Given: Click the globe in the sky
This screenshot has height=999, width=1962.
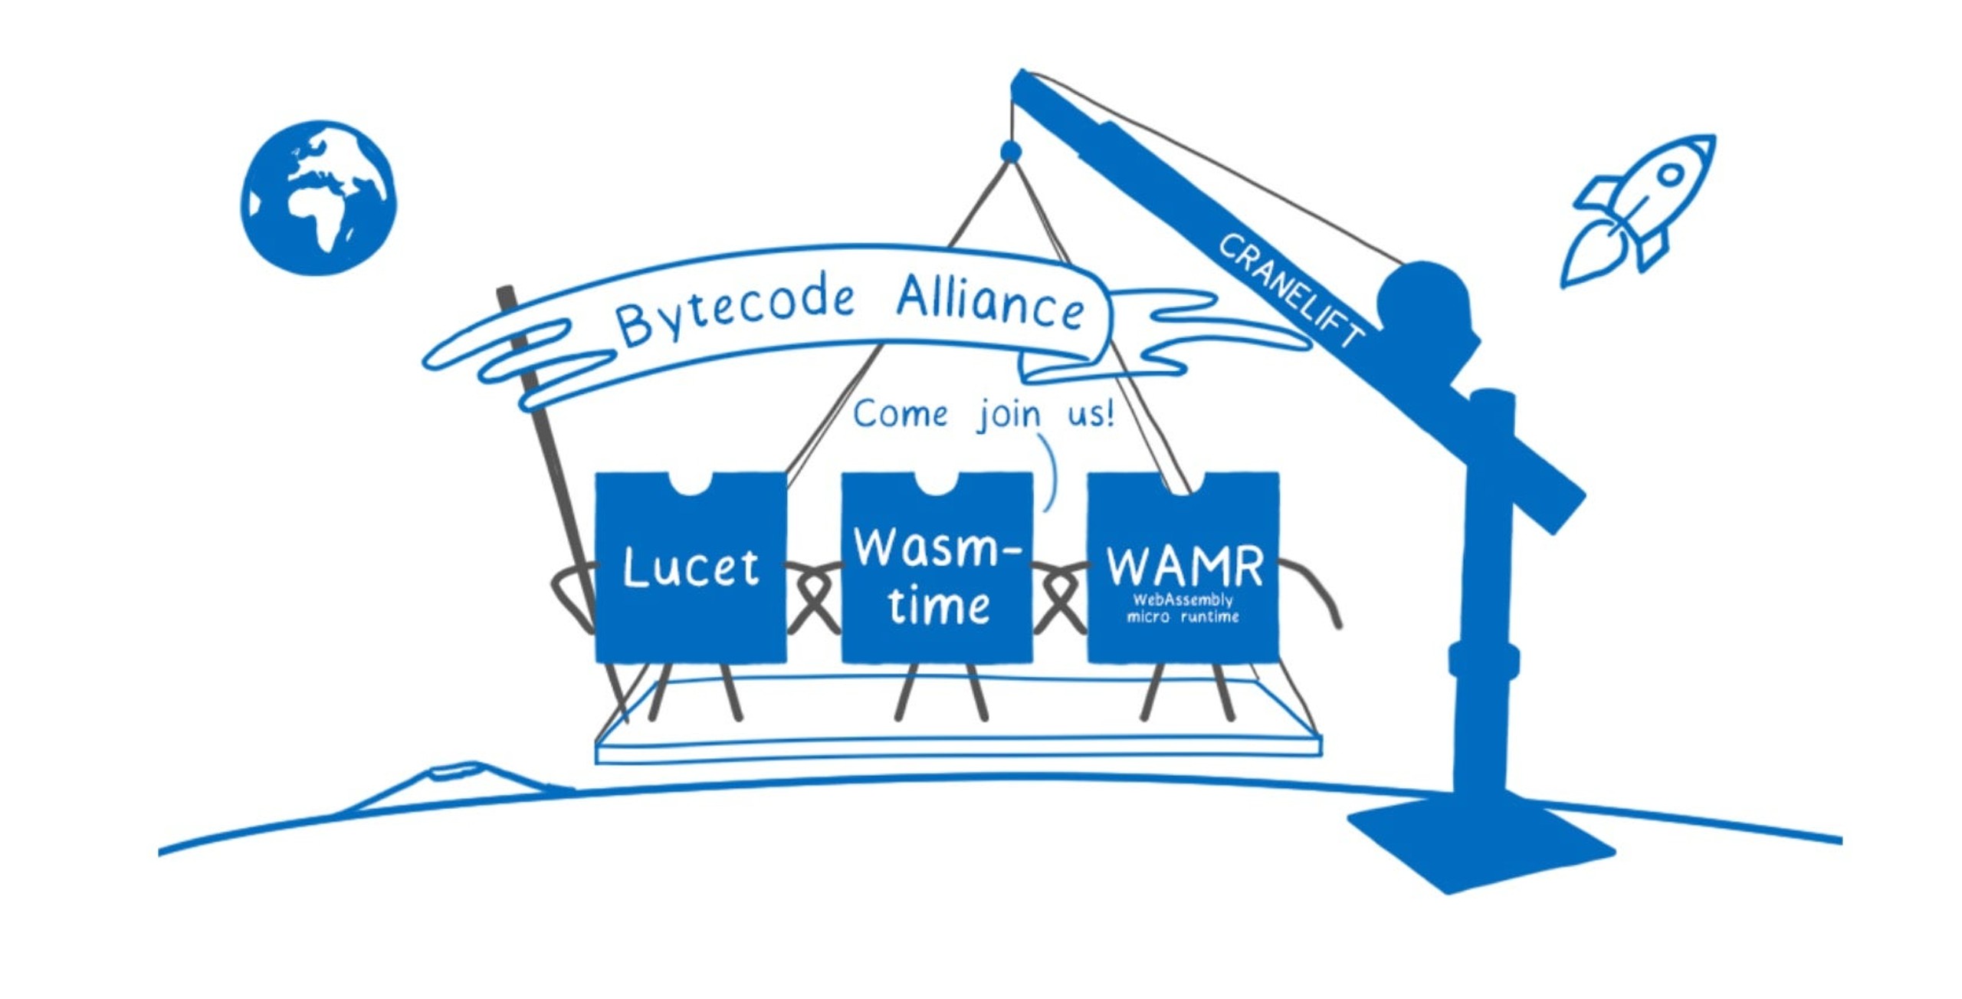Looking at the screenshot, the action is point(318,198).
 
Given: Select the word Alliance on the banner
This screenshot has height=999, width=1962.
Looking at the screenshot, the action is point(990,303).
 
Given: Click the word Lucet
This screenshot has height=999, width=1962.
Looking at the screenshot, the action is point(691,568).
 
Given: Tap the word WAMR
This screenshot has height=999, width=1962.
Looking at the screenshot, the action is point(1185,567).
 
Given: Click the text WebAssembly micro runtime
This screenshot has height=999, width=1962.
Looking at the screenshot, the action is point(1183,608).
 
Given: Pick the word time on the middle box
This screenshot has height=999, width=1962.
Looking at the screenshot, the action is point(939,604).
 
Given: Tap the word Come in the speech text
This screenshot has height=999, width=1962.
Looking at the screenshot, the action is point(901,415).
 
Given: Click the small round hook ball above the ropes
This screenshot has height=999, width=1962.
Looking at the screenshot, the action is point(1011,151).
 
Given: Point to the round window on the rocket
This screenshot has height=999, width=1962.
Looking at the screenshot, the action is point(1671,176).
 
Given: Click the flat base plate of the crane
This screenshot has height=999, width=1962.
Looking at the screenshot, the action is point(1481,843).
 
